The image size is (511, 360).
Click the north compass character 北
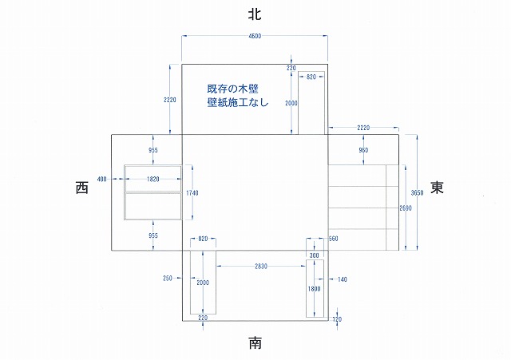(255, 14)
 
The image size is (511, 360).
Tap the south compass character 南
(255, 343)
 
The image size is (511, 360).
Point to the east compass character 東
(437, 188)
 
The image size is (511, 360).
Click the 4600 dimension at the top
(255, 37)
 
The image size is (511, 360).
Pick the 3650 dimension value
(417, 192)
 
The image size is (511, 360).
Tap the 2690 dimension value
(406, 208)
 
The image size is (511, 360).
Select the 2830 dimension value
(255, 266)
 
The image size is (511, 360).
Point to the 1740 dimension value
(192, 193)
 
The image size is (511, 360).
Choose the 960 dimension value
(363, 150)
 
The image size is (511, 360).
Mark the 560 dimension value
(333, 239)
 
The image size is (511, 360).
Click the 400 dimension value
(101, 180)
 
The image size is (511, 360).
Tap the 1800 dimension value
(315, 289)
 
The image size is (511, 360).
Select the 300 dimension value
(314, 255)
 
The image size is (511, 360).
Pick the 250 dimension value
(168, 279)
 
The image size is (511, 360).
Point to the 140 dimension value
(343, 279)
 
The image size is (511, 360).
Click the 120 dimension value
(337, 319)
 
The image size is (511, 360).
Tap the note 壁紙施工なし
(238, 103)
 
